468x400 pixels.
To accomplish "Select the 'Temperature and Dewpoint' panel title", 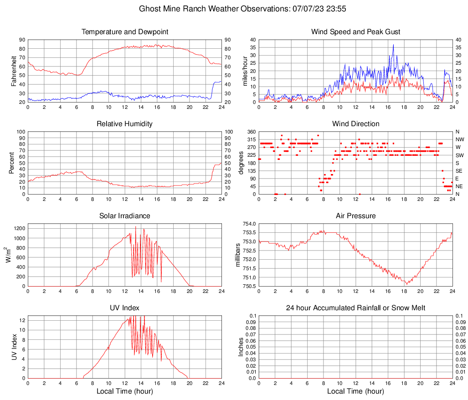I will [x=125, y=32].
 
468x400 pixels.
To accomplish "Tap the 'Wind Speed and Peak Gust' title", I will [x=356, y=32].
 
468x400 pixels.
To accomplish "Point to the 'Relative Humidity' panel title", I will [x=125, y=124].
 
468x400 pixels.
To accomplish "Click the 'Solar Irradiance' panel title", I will [x=125, y=216].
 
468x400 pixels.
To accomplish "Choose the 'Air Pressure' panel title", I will [x=356, y=216].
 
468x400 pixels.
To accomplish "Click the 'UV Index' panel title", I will [x=125, y=308].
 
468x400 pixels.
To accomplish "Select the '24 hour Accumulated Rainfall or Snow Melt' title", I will [x=356, y=308].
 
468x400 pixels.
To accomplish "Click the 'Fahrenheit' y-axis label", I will [x=14, y=71].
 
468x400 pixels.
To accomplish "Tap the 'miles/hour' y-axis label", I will [x=245, y=71].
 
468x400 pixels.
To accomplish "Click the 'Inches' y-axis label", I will [x=241, y=347].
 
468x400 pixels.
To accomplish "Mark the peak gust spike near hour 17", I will [x=393, y=45].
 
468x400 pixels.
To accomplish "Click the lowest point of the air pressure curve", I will [x=406, y=284].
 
